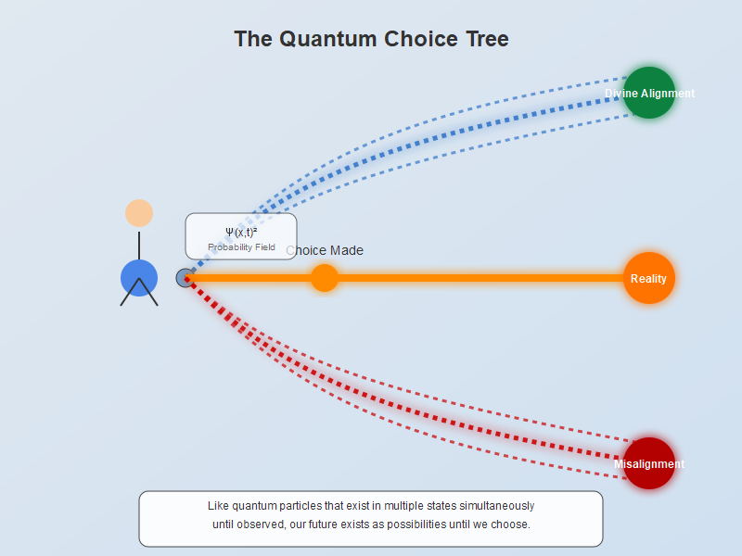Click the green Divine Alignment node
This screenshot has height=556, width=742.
pos(649,93)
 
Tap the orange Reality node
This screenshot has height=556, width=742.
pos(649,278)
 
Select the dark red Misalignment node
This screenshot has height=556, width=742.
pos(649,463)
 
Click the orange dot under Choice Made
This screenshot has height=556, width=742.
pos(324,278)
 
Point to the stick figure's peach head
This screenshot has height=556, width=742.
pos(139,213)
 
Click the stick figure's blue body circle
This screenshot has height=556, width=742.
pos(139,278)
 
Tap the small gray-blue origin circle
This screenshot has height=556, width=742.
pos(185,278)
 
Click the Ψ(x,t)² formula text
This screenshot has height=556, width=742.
pos(241,232)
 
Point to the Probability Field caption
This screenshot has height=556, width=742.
pos(241,247)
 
